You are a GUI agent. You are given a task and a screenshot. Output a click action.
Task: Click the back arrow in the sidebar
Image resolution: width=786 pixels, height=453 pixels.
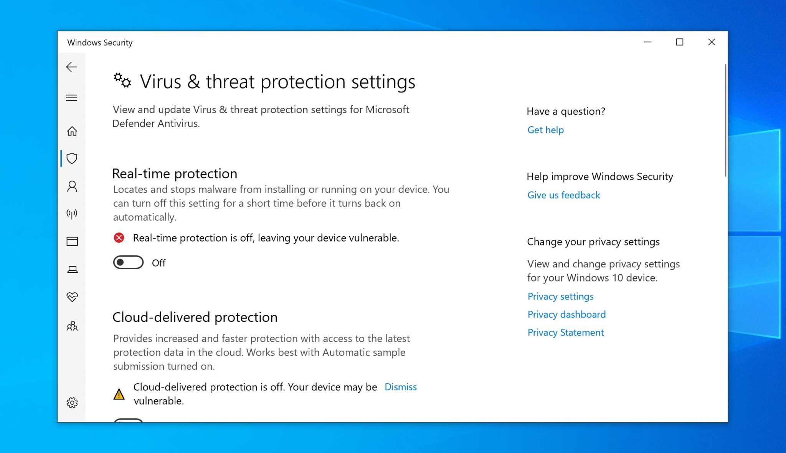point(72,67)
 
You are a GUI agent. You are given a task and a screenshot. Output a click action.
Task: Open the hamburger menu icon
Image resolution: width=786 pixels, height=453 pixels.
point(72,98)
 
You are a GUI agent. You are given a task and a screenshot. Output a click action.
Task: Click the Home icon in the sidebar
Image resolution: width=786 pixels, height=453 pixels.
point(72,131)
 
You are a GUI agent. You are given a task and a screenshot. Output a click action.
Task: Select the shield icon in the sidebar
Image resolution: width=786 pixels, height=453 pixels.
point(72,158)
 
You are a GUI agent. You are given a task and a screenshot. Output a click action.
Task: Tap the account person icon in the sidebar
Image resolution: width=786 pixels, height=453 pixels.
point(72,186)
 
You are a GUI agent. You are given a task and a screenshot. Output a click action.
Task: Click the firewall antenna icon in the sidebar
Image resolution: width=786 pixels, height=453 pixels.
point(72,214)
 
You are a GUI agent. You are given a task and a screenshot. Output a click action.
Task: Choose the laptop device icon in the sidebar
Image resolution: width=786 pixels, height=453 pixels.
point(72,270)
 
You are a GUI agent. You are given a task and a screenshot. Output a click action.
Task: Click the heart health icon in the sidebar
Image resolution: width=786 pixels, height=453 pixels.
point(72,297)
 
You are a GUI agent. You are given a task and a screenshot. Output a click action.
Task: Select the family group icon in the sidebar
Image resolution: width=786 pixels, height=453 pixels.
point(72,326)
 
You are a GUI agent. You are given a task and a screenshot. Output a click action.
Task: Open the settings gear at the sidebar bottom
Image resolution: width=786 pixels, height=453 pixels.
point(72,403)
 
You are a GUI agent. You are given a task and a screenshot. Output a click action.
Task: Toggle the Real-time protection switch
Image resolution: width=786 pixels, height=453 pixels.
point(128,263)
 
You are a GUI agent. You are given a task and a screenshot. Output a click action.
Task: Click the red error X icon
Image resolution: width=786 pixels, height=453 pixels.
point(119,238)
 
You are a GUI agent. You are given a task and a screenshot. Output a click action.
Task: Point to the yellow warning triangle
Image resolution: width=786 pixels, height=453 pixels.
point(119,394)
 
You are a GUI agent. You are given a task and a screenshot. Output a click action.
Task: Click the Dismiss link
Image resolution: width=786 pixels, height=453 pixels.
point(400,387)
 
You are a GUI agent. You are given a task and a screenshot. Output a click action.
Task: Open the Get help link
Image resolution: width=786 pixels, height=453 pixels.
point(545,130)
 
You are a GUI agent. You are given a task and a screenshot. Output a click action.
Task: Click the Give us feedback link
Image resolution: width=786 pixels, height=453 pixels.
point(563,195)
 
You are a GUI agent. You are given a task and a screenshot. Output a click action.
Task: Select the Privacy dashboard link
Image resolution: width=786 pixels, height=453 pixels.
point(566,315)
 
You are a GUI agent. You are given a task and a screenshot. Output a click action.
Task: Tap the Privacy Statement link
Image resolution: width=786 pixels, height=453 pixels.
point(565,333)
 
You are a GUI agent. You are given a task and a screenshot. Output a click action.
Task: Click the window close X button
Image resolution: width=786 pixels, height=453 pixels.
point(712,42)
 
